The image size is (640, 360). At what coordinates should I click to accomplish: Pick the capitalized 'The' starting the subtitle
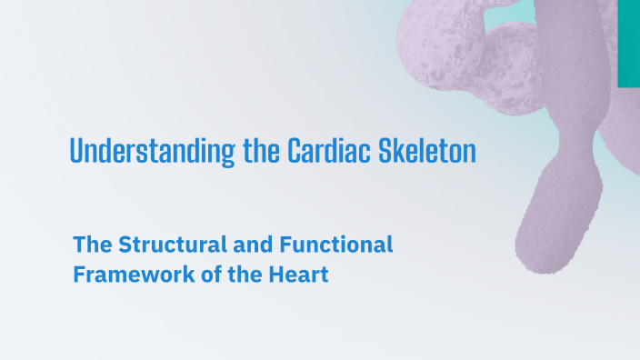click(x=92, y=245)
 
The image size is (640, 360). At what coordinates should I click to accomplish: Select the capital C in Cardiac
click(x=295, y=151)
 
